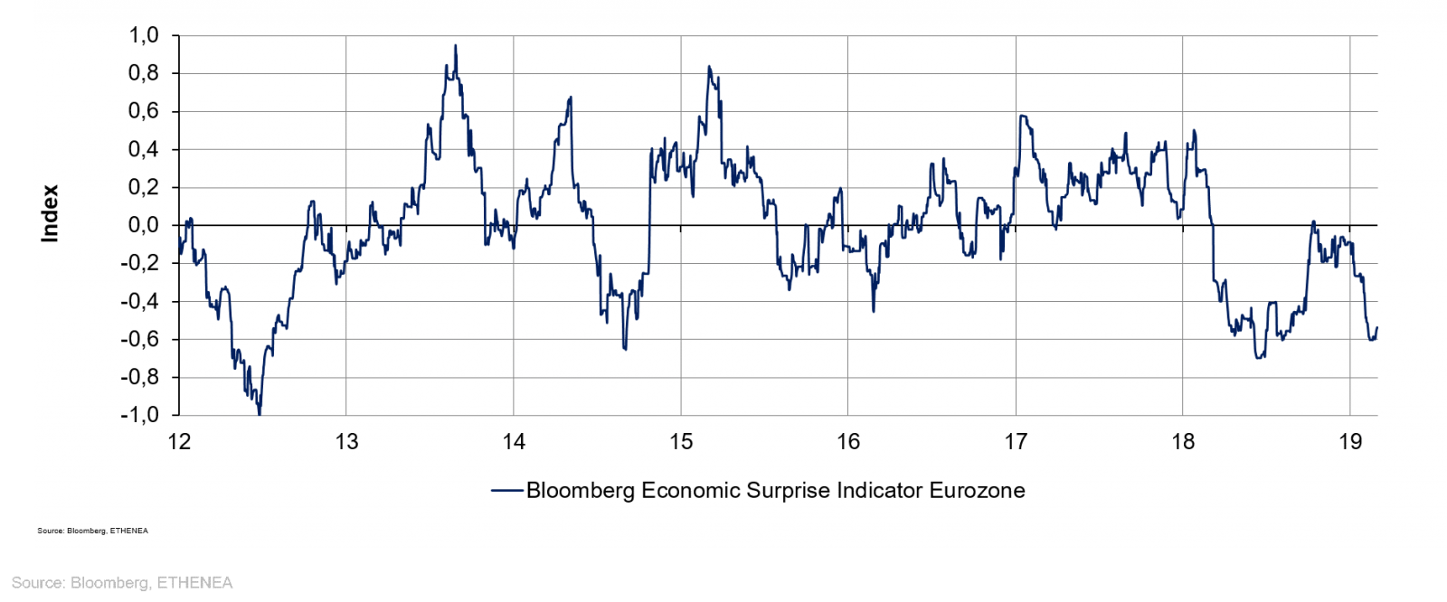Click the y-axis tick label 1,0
click(144, 35)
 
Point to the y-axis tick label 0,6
click(144, 111)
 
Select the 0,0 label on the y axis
click(144, 225)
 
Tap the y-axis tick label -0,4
click(140, 301)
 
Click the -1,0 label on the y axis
click(140, 415)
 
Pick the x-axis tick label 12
click(180, 442)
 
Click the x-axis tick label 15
click(681, 442)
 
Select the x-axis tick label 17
click(1016, 442)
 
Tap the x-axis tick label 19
click(1350, 442)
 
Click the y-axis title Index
click(50, 213)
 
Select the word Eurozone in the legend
click(977, 491)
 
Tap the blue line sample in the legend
click(507, 491)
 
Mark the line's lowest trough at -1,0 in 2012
click(260, 413)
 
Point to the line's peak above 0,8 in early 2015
click(709, 67)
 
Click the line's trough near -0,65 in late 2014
click(625, 348)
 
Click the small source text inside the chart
click(93, 531)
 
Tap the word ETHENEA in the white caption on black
click(194, 583)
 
